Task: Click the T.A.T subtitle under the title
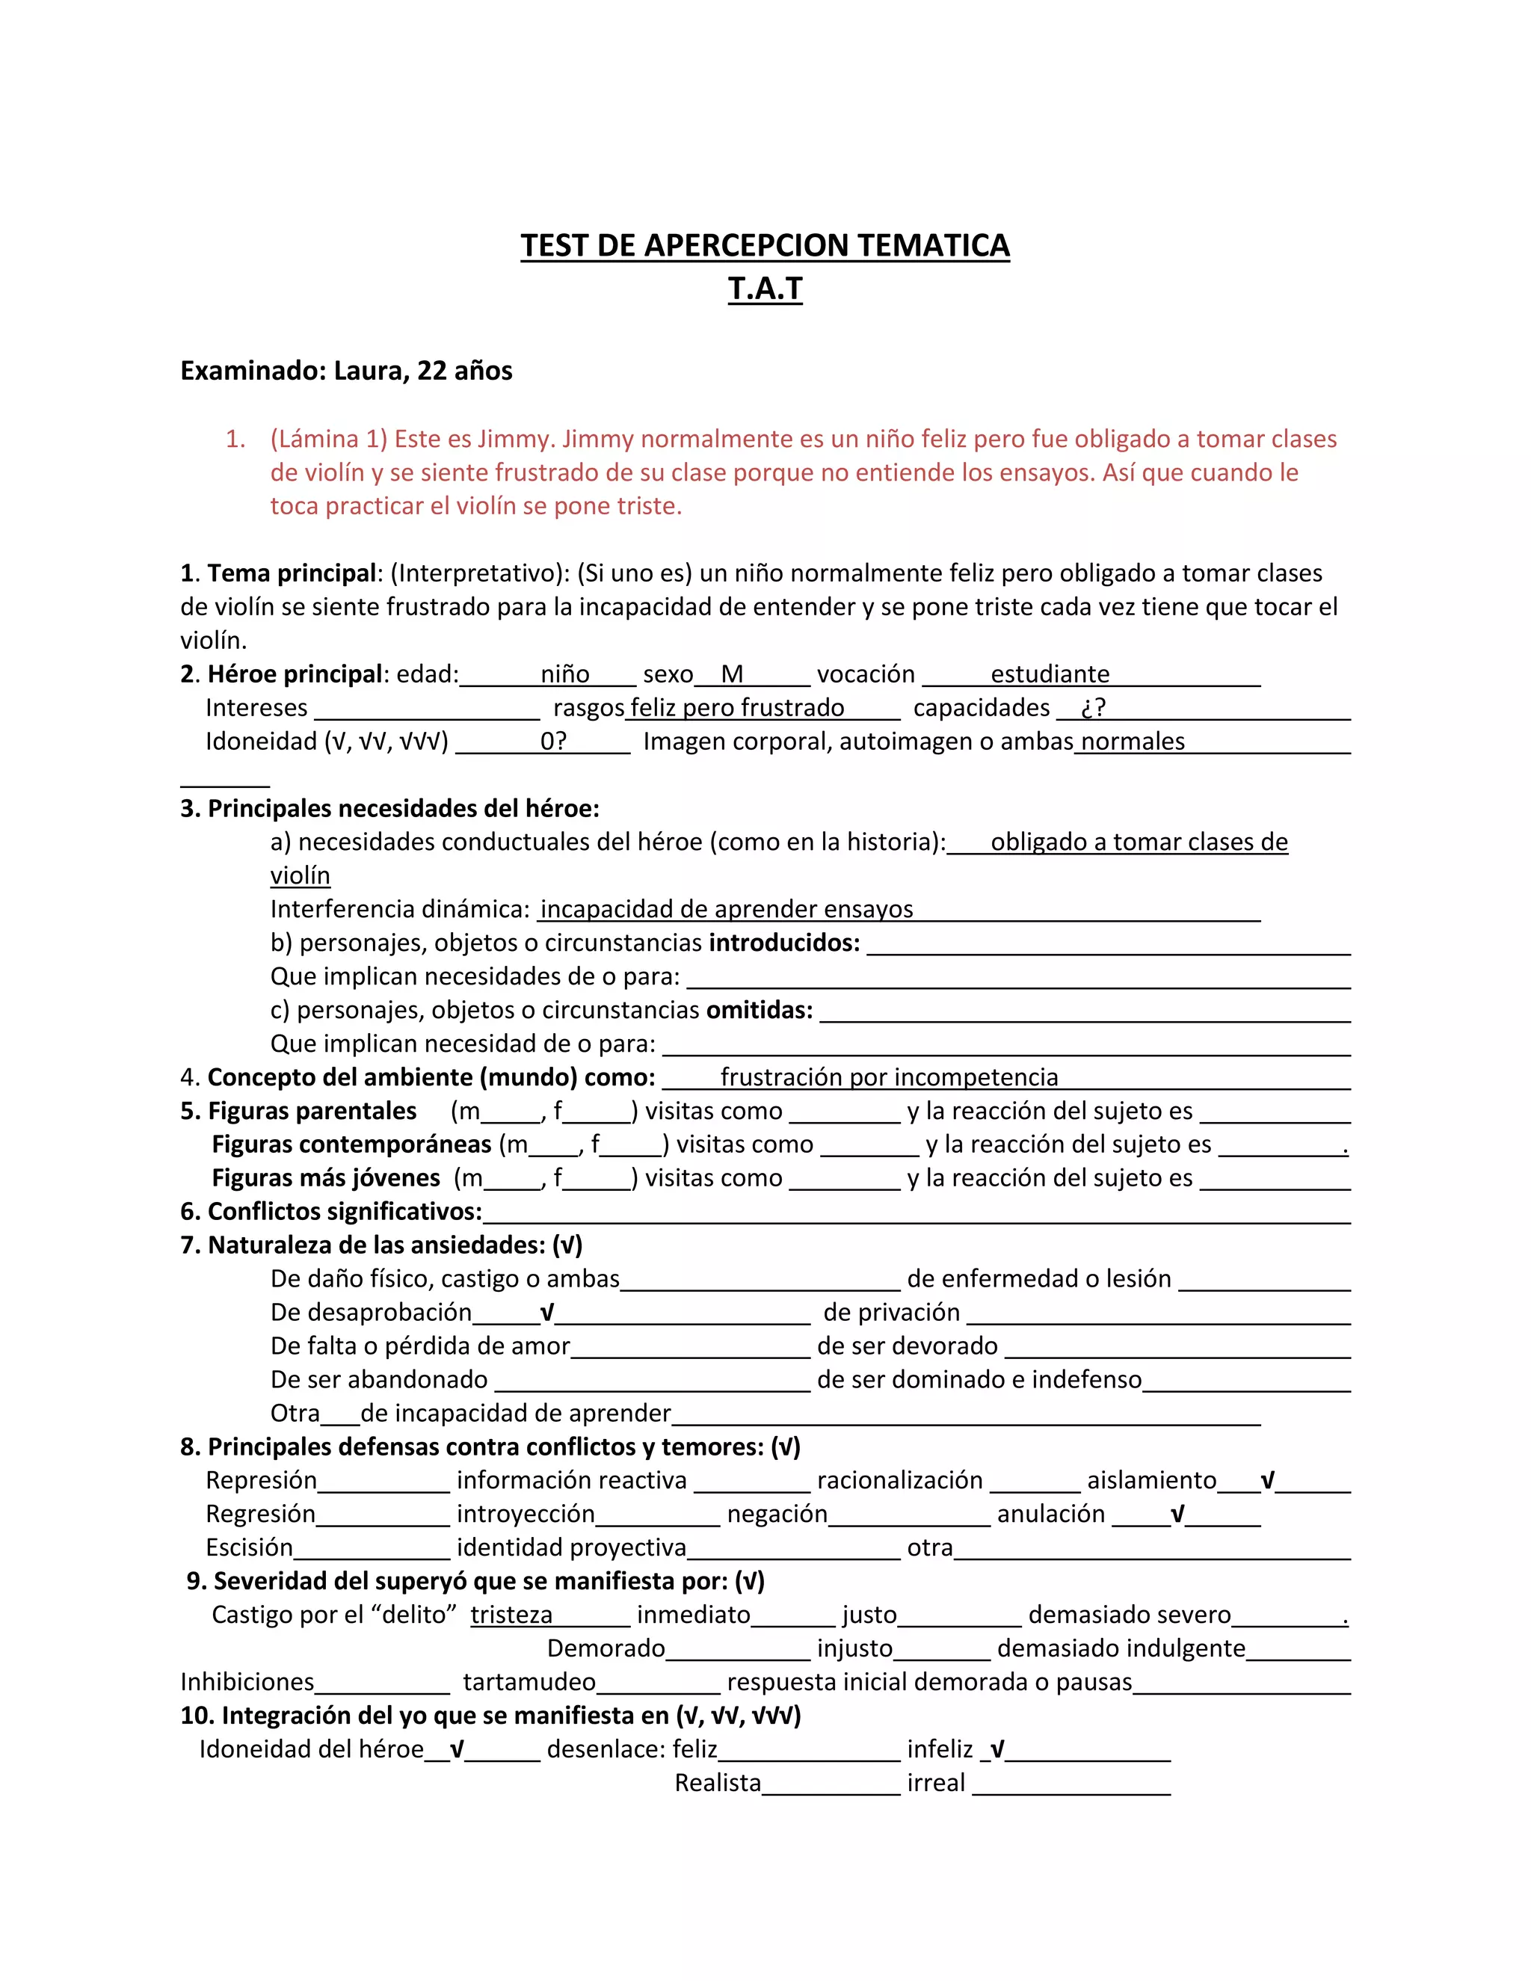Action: coord(765,289)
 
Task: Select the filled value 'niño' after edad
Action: coord(565,674)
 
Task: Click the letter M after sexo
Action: coord(732,674)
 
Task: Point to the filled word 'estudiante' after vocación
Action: coord(1050,674)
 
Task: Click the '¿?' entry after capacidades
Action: coord(1093,707)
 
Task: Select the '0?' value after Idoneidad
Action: coord(553,741)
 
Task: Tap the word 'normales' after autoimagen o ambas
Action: coord(1133,741)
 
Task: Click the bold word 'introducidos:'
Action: coord(783,943)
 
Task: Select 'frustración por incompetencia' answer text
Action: coord(889,1076)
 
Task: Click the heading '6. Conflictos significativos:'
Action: coord(331,1211)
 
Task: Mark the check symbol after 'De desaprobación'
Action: coord(547,1313)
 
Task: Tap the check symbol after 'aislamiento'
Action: coord(1267,1481)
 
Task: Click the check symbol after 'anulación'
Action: coord(1177,1515)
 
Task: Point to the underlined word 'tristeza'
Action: coord(511,1615)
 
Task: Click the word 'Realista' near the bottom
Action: coord(718,1783)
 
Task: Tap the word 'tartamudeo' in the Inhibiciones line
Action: coord(529,1683)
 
